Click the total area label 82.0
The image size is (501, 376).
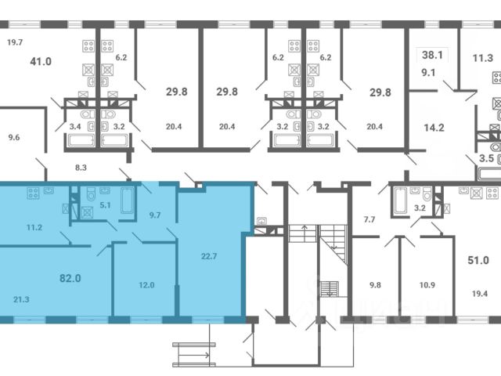point(70,278)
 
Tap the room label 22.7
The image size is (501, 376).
point(209,256)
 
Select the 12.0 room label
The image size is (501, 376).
point(146,285)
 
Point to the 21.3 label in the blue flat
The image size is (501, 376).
point(21,299)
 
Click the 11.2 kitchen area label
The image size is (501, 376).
point(34,228)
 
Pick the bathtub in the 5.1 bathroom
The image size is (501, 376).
point(127,201)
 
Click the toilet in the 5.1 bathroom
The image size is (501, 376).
point(92,193)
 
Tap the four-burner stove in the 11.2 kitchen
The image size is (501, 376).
point(33,193)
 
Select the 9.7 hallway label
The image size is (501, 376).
point(155,215)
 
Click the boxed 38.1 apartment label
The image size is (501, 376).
point(432,55)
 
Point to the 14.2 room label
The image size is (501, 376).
point(434,128)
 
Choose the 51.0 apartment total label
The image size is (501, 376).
point(478,260)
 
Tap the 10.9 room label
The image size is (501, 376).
point(427,285)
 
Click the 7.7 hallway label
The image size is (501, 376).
point(369,219)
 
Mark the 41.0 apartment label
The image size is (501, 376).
point(41,61)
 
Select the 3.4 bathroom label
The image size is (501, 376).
point(75,127)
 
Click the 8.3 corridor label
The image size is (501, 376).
point(81,168)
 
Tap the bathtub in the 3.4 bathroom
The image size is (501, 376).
point(81,140)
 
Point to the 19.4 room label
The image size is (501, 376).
point(480,294)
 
